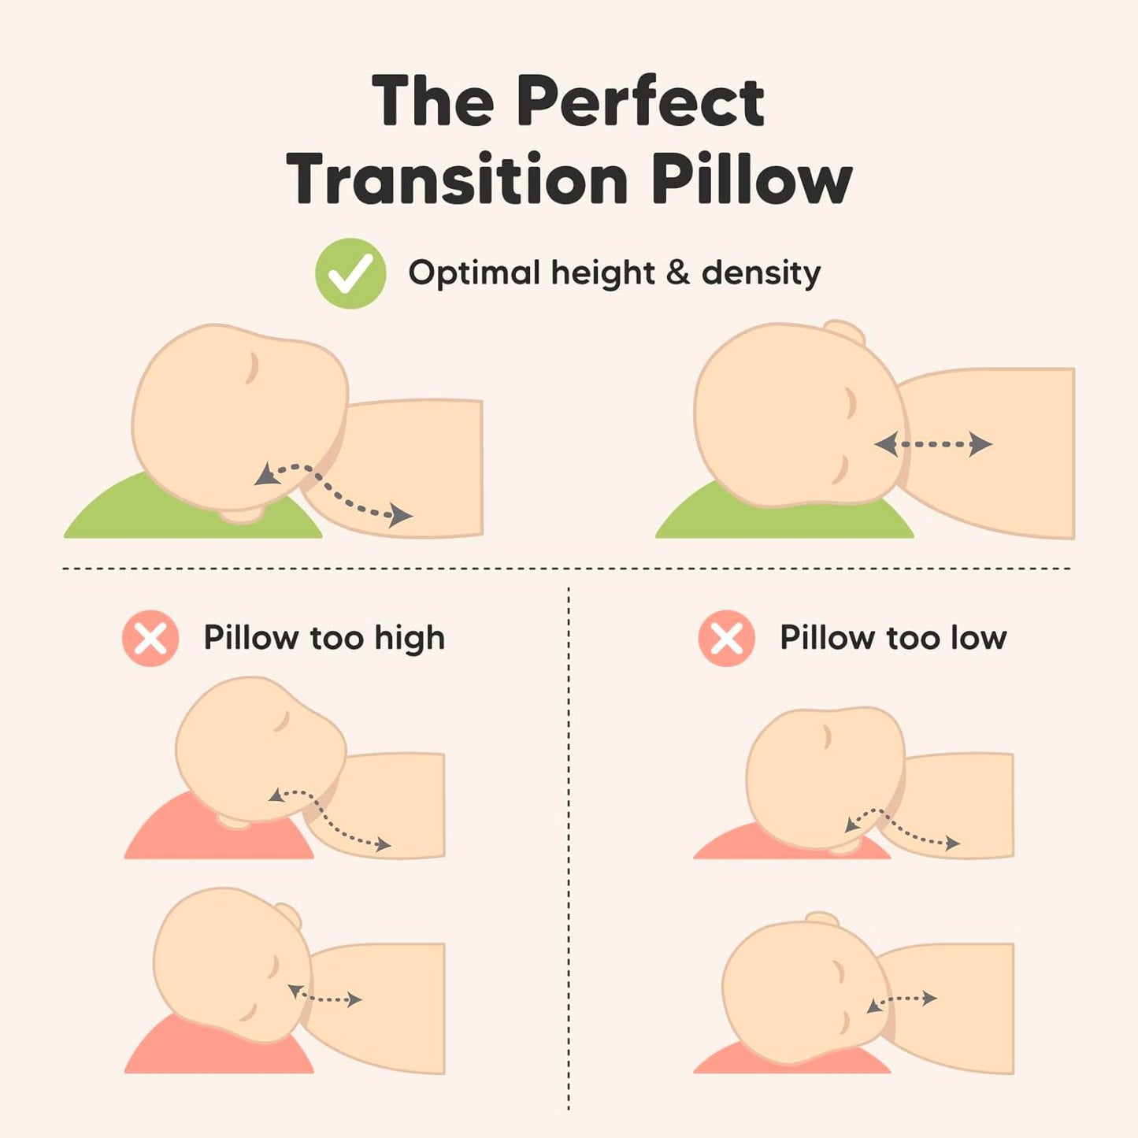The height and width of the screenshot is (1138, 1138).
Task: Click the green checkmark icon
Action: [350, 273]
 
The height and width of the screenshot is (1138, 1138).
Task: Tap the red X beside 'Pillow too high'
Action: [150, 638]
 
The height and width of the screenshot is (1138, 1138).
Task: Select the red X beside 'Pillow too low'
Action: [726, 638]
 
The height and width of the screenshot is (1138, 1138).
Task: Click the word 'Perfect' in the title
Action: [639, 102]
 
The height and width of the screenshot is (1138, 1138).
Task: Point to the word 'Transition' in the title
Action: [457, 180]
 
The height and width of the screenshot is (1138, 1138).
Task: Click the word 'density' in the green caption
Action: [761, 273]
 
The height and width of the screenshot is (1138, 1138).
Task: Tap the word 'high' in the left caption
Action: [410, 639]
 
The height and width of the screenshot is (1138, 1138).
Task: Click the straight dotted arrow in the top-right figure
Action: [933, 444]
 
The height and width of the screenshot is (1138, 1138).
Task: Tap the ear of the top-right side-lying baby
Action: [845, 332]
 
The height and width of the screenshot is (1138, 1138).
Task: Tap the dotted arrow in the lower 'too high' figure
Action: [324, 996]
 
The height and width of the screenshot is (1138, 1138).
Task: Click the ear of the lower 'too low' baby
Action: [822, 920]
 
